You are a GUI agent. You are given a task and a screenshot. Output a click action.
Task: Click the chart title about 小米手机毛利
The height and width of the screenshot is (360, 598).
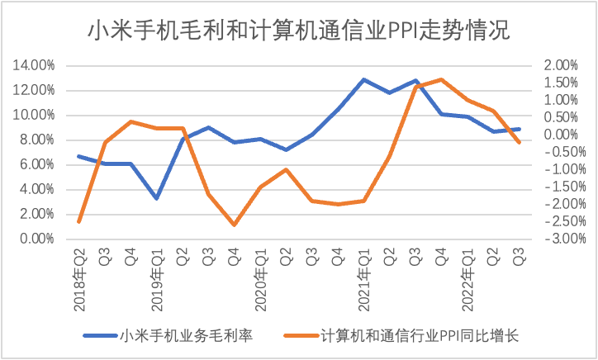pyautogui.click(x=299, y=31)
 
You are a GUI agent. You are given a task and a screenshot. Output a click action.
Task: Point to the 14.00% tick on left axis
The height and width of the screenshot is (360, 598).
pyautogui.click(x=33, y=65)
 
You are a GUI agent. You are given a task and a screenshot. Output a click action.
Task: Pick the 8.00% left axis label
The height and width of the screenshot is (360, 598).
pyautogui.click(x=36, y=140)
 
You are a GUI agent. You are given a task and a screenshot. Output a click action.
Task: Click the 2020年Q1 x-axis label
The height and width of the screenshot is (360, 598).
pyautogui.click(x=260, y=282)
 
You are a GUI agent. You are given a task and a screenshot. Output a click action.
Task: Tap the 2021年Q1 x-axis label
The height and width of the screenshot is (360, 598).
pyautogui.click(x=363, y=282)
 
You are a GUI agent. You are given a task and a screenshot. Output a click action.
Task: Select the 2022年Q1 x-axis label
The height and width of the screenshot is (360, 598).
pyautogui.click(x=467, y=282)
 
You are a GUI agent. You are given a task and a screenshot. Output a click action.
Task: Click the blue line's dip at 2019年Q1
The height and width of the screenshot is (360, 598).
pyautogui.click(x=157, y=198)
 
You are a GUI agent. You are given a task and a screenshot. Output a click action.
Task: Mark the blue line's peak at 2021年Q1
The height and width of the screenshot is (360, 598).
pyautogui.click(x=363, y=79)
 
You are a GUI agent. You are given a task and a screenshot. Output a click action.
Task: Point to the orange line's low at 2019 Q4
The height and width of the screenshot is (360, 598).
pyautogui.click(x=235, y=225)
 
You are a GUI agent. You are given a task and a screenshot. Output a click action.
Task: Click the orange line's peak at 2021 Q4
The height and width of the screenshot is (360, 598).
pyautogui.click(x=441, y=79)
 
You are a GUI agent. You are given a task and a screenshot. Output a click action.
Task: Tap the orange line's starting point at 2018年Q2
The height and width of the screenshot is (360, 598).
pyautogui.click(x=79, y=221)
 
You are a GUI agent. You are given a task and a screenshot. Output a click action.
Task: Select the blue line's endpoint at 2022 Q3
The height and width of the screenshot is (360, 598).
pyautogui.click(x=519, y=129)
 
